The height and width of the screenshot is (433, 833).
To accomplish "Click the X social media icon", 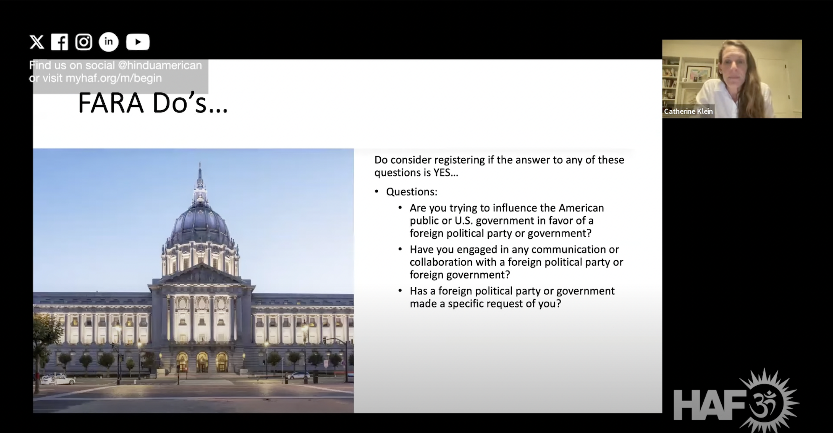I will pyautogui.click(x=37, y=42).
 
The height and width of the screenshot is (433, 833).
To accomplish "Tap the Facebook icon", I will pyautogui.click(x=59, y=42).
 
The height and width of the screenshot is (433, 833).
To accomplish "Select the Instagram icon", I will pyautogui.click(x=84, y=42).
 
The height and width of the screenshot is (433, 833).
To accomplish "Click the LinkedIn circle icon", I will pyautogui.click(x=109, y=42).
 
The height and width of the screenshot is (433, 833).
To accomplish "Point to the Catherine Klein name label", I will pyautogui.click(x=688, y=111).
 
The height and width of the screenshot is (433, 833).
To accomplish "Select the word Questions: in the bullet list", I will pyautogui.click(x=412, y=192).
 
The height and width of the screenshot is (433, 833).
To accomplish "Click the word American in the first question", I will pyautogui.click(x=581, y=208).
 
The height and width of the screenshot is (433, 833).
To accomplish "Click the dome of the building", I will pyautogui.click(x=200, y=223).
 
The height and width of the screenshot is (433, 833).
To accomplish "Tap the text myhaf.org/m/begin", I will pyautogui.click(x=114, y=78).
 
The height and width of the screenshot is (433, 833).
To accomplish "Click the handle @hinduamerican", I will pyautogui.click(x=160, y=65).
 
